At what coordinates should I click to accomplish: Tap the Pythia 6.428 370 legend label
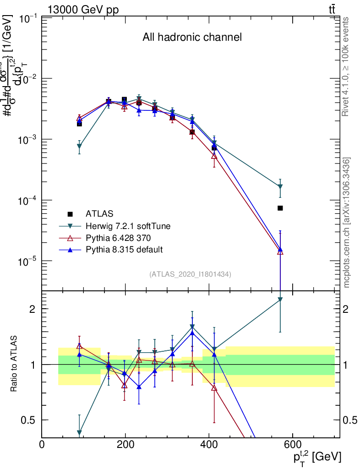(x=118, y=238)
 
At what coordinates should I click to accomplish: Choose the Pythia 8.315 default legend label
(x=124, y=250)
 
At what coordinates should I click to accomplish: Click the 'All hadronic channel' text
(x=192, y=38)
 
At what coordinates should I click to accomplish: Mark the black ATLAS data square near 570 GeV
(x=280, y=208)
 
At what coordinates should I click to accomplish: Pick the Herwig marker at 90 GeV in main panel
(x=79, y=147)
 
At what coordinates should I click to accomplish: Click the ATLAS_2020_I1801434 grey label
(x=190, y=274)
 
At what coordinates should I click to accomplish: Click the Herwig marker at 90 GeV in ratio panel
(x=79, y=432)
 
